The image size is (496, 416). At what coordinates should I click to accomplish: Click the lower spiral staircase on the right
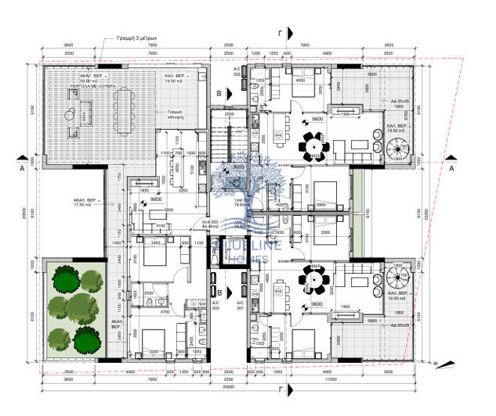tap(396, 275)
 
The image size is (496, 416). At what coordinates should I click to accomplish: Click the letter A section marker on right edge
tap(452, 167)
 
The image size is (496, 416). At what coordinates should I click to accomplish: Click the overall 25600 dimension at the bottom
tap(227, 386)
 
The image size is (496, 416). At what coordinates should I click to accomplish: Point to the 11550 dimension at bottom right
tap(342, 378)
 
